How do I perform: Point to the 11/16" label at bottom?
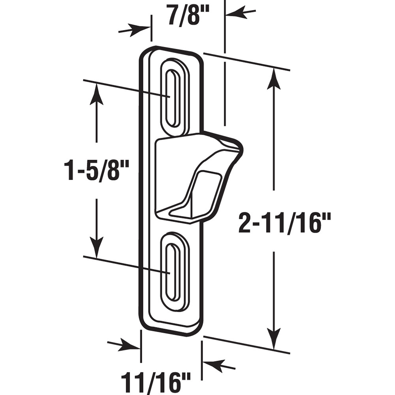coord(155,382)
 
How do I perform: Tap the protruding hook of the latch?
coord(197,174)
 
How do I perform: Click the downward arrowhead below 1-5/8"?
coord(96,247)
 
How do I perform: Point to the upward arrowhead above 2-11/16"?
coord(273,79)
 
